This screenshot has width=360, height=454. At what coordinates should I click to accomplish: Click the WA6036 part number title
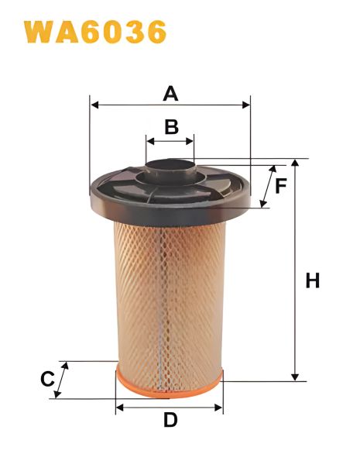click(x=95, y=32)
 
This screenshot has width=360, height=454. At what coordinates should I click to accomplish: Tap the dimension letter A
click(x=170, y=94)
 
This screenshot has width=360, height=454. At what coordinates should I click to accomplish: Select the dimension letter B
click(x=171, y=126)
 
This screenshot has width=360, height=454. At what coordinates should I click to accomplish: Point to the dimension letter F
click(x=281, y=185)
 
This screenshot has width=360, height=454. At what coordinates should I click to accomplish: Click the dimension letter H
click(x=312, y=280)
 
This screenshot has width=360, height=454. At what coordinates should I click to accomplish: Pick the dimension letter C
click(x=47, y=380)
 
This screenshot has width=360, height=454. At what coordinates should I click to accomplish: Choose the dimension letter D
click(x=170, y=421)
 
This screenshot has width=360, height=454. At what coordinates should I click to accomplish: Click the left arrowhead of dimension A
click(x=94, y=103)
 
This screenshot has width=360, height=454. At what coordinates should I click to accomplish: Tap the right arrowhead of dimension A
click(x=248, y=103)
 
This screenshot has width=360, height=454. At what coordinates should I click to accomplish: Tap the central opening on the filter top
click(x=170, y=165)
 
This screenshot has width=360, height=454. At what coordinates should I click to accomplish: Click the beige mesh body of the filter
click(x=169, y=294)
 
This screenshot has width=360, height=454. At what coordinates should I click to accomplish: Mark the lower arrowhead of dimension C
click(x=57, y=395)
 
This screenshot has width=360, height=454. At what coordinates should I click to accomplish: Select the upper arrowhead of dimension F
click(x=273, y=168)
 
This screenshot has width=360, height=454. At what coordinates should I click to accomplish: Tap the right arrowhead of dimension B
click(x=192, y=141)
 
